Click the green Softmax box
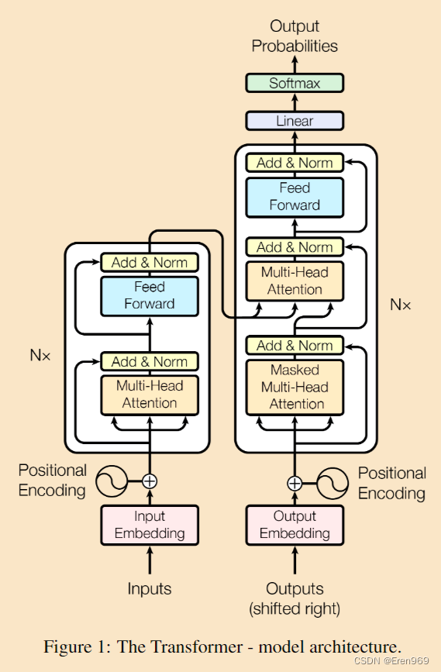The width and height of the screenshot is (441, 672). pyautogui.click(x=295, y=83)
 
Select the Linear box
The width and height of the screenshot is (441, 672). pyautogui.click(x=295, y=121)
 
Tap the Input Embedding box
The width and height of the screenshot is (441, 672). pyautogui.click(x=150, y=525)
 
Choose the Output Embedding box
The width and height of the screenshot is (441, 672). pyautogui.click(x=295, y=525)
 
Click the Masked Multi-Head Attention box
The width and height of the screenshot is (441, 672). pyautogui.click(x=295, y=388)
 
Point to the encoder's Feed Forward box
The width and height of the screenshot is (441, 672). pyautogui.click(x=150, y=296)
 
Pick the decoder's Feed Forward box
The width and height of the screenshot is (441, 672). pyautogui.click(x=295, y=198)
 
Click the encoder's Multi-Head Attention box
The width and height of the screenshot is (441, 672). pyautogui.click(x=150, y=395)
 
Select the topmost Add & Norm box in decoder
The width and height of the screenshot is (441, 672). pyautogui.click(x=295, y=163)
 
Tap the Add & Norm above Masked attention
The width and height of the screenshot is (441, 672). pyautogui.click(x=295, y=346)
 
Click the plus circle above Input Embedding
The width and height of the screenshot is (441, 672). pyautogui.click(x=150, y=481)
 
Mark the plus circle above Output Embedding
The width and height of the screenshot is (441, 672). pyautogui.click(x=295, y=484)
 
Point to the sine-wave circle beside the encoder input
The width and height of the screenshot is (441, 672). pyautogui.click(x=112, y=481)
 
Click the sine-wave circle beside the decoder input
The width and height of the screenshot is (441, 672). pyautogui.click(x=332, y=484)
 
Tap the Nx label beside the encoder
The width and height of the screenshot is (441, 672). pyautogui.click(x=40, y=355)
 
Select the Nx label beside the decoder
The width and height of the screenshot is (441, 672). pyautogui.click(x=400, y=305)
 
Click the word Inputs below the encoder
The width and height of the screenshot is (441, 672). pyautogui.click(x=150, y=589)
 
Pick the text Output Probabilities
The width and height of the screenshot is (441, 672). pyautogui.click(x=295, y=36)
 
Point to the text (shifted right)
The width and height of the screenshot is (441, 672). pyautogui.click(x=295, y=608)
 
